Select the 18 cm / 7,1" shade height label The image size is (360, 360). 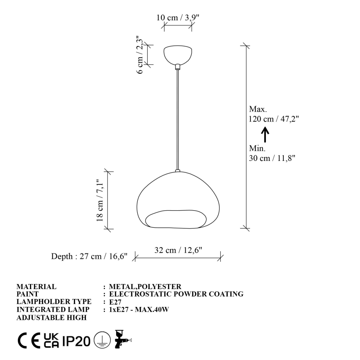pyautogui.click(x=100, y=200)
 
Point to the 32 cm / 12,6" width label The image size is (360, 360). pyautogui.click(x=178, y=250)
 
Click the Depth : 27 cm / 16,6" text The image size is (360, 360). pyautogui.click(x=89, y=256)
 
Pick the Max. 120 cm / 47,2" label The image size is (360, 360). pyautogui.click(x=273, y=114)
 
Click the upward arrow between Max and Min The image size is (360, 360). pyautogui.click(x=265, y=134)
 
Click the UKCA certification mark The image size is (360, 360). pyautogui.click(x=51, y=341)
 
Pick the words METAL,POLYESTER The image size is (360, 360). pyautogui.click(x=145, y=287)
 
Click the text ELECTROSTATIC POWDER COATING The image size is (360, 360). pyautogui.click(x=176, y=294)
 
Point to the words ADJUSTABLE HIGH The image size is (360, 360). pyautogui.click(x=51, y=318)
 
